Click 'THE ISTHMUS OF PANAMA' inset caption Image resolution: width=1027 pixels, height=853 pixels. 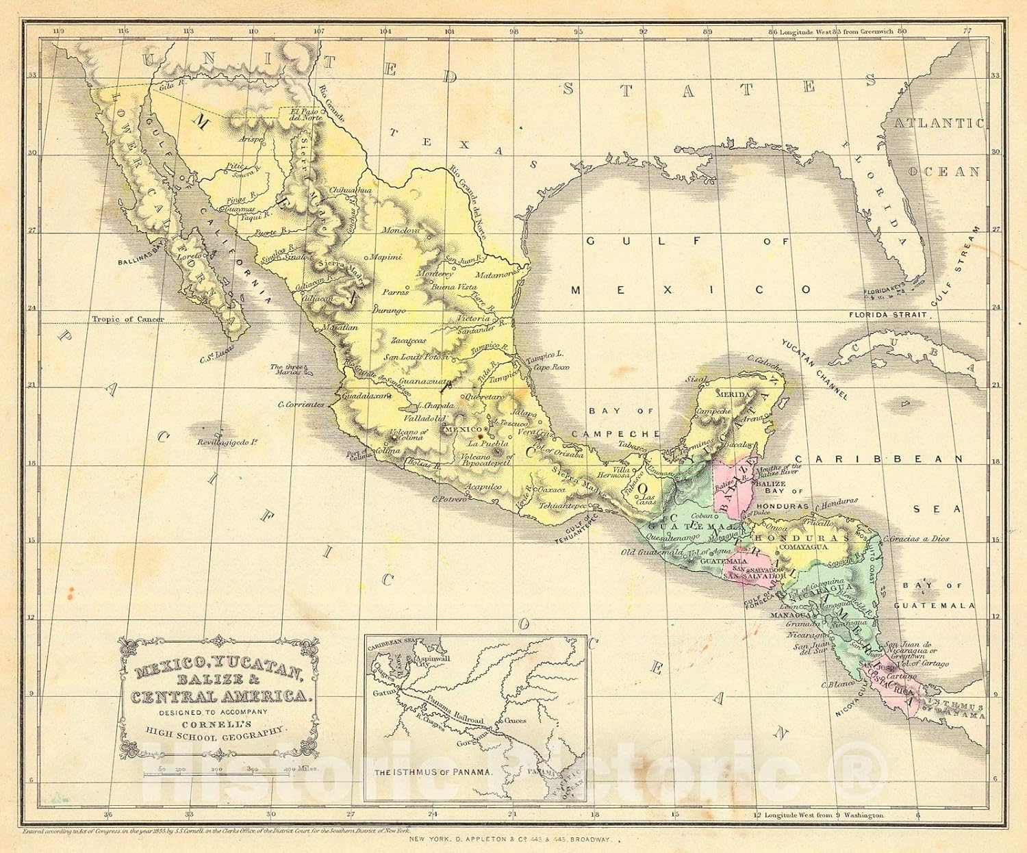click(433, 772)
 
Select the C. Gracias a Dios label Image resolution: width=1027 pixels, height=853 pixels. click(917, 538)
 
